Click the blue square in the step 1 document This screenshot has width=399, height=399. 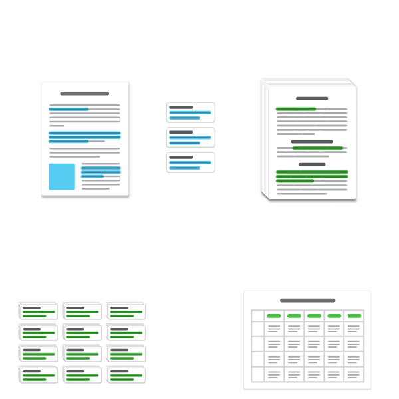pos(62,176)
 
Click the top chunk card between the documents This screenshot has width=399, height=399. pos(191,112)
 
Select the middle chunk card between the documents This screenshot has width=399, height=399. pos(191,137)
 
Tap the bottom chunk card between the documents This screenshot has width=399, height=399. pos(191,162)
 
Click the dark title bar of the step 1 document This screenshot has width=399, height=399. pos(84,94)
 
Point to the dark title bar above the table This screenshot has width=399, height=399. pos(307,301)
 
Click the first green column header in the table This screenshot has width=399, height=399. pos(274,315)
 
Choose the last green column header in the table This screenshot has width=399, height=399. pos(354,315)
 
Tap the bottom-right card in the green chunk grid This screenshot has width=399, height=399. pos(125,374)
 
